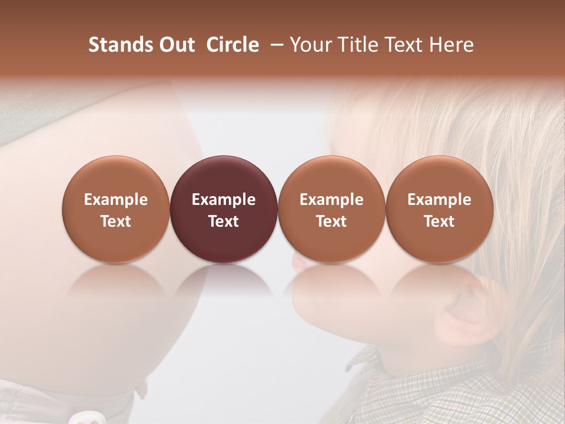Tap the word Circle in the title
click(232, 45)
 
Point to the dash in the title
click(274, 45)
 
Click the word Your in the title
click(309, 45)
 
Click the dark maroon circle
click(224, 210)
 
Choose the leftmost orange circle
click(116, 210)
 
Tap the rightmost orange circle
click(440, 210)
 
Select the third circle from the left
click(331, 210)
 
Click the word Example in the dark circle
click(224, 200)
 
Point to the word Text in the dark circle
click(224, 221)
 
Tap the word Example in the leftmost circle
click(116, 200)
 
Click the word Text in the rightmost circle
click(440, 221)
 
